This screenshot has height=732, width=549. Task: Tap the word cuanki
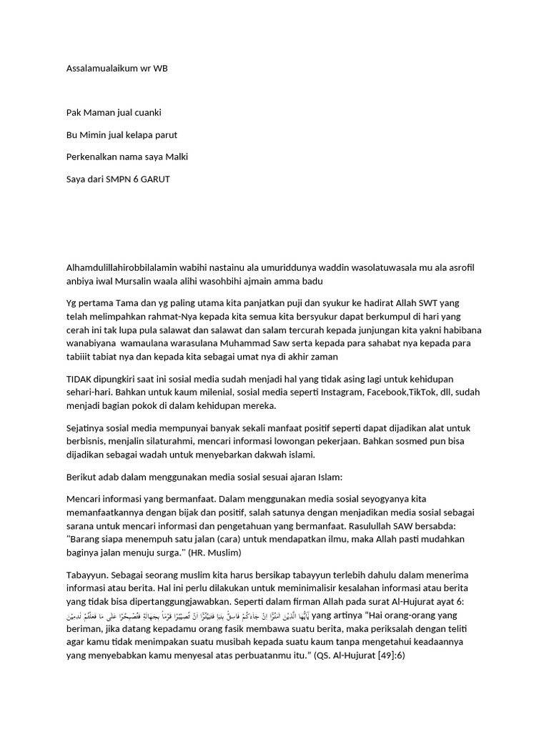click(147, 112)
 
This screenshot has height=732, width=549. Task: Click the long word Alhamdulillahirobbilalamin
click(119, 267)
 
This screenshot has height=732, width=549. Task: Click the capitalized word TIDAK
click(79, 377)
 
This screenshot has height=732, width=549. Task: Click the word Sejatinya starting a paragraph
click(86, 427)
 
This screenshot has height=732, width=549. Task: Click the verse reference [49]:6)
click(387, 657)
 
